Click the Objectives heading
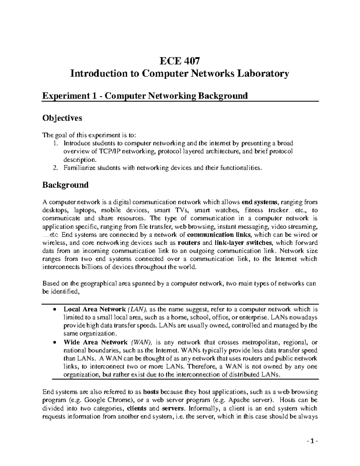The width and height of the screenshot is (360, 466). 62,118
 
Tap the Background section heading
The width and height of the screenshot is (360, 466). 65,185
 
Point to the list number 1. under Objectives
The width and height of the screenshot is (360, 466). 55,143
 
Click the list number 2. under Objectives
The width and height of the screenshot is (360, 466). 55,168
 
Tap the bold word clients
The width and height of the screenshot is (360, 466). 136,408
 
